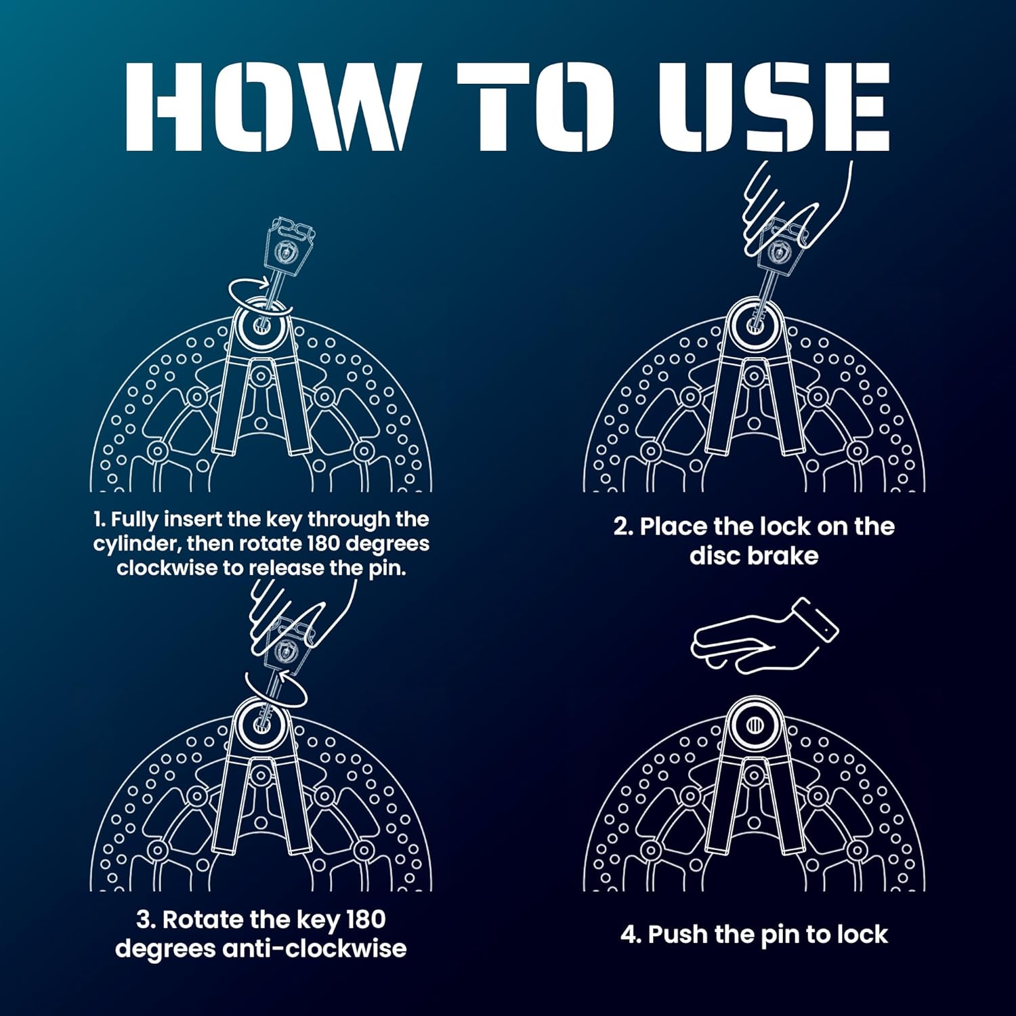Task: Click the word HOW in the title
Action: (x=269, y=106)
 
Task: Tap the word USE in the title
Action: (x=774, y=106)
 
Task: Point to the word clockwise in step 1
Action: (x=167, y=568)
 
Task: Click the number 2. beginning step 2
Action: (x=623, y=527)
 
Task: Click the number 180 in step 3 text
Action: (x=366, y=920)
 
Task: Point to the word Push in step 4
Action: (x=678, y=935)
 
